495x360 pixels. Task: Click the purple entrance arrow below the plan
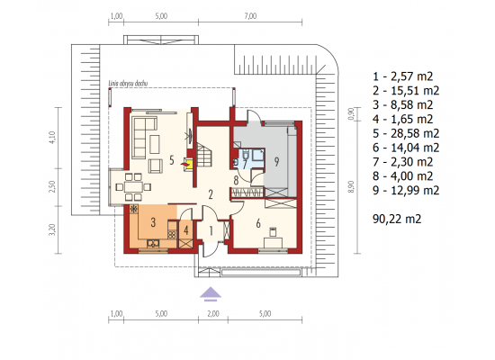211,293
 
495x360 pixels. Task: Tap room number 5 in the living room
171,160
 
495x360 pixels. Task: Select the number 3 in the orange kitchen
153,222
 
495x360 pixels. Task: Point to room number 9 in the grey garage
276,162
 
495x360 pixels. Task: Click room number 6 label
258,223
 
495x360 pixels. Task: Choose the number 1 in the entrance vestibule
211,230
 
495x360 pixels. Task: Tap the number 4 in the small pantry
186,230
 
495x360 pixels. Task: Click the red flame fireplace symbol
184,164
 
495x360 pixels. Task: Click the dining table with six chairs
133,187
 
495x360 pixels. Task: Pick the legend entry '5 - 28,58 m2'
406,133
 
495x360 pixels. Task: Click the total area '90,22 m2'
397,219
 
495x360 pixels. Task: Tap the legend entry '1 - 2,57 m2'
403,76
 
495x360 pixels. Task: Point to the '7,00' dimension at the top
250,16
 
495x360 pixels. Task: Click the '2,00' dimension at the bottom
213,313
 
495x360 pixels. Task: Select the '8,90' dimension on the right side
351,186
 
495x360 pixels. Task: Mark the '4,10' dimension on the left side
52,138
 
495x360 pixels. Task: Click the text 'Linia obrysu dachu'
128,84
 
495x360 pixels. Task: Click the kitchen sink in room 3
153,244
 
